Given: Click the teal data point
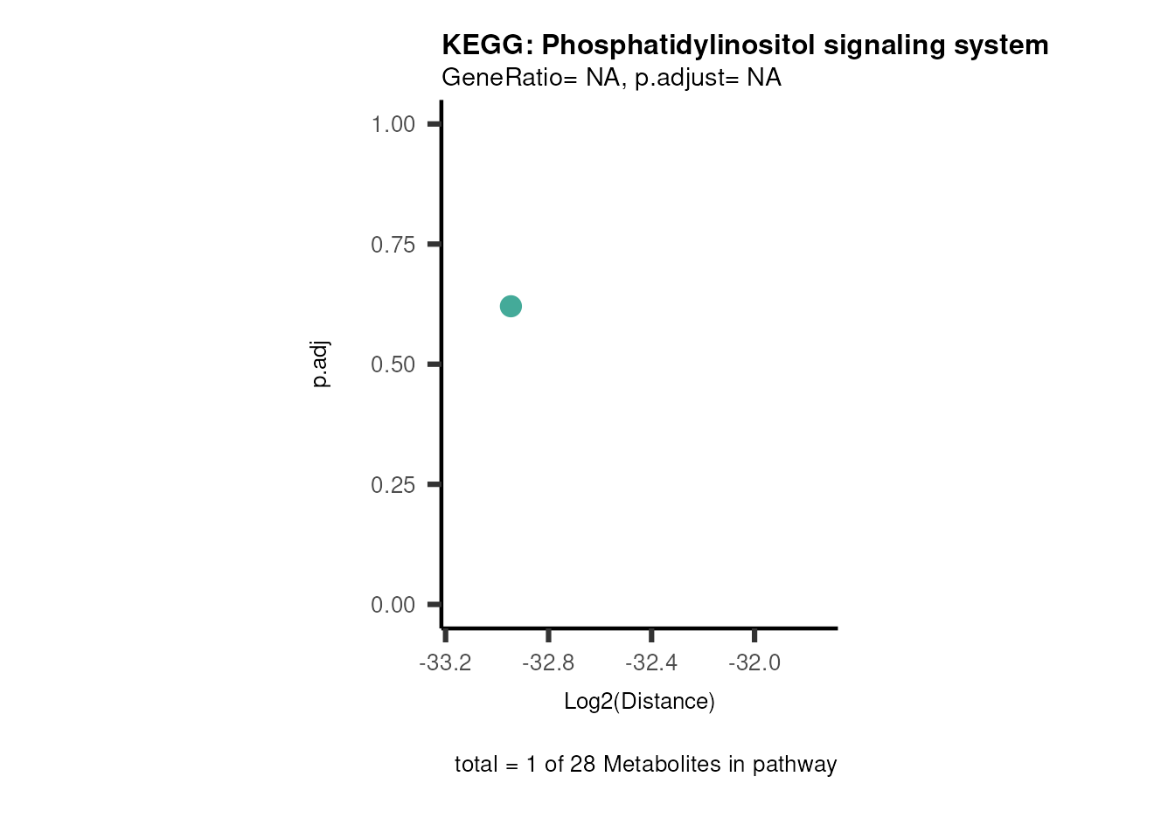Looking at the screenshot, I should point(511,306).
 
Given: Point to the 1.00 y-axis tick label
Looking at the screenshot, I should point(393,124).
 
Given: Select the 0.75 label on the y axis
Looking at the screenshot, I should point(393,245).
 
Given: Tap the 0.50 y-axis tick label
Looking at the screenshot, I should point(393,364).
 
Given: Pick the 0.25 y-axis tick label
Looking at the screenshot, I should point(393,485).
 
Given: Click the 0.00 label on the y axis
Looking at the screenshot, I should point(393,605).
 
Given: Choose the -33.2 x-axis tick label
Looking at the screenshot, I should point(445,663).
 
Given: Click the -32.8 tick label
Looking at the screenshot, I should point(548,663).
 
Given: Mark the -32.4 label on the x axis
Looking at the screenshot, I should point(651,663).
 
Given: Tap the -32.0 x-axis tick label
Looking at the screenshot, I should point(754,663).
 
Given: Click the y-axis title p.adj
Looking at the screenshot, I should point(321,364).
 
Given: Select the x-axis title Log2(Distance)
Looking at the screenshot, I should point(639,701).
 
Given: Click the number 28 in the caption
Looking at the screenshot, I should point(582,765).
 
